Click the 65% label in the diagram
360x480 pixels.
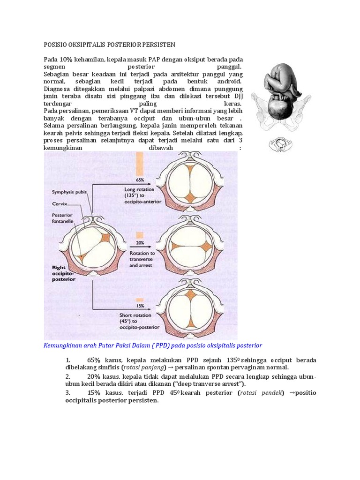(140, 180)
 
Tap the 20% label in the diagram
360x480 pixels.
(140, 243)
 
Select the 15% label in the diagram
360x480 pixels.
(140, 306)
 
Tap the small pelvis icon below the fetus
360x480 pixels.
(281, 144)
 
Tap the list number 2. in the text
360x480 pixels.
(68, 376)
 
